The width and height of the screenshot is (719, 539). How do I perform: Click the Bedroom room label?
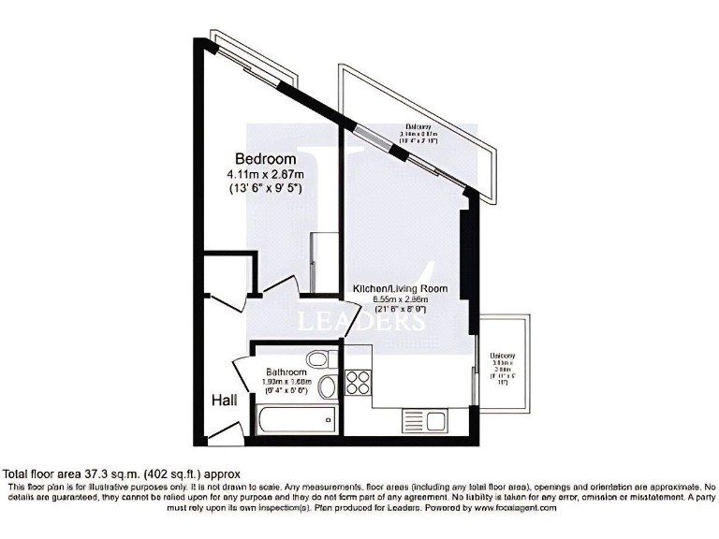[265, 159]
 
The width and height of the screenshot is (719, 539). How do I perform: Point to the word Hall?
[223, 400]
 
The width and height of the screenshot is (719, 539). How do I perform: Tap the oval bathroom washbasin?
[327, 387]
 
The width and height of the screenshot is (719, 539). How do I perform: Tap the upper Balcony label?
[418, 127]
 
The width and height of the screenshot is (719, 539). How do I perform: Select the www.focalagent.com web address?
[515, 507]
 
